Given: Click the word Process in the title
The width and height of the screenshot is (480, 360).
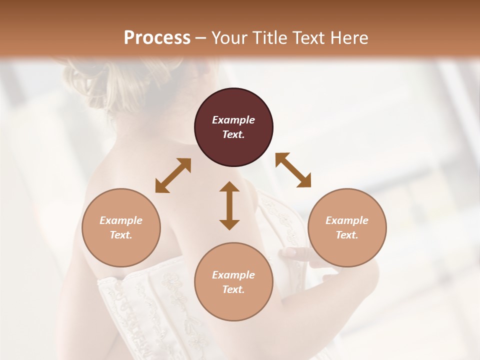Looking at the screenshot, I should point(157,38).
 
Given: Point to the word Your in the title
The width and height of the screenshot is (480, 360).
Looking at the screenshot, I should point(230,38).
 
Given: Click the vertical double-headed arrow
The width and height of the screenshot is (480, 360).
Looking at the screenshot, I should point(229,205).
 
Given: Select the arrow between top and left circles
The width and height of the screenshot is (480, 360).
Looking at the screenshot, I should point(173,175).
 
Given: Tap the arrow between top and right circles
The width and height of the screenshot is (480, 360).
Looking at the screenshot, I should point(293,170).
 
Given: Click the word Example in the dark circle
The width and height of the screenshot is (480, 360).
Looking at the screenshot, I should point(233,120).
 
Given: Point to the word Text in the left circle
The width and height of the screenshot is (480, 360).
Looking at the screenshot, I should point(121,235).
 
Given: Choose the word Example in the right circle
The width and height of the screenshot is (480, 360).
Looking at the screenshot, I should point(347,220).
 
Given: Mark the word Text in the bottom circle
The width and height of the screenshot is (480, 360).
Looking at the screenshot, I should point(233,289).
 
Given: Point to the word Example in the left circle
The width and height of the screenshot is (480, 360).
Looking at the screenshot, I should point(121,220).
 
